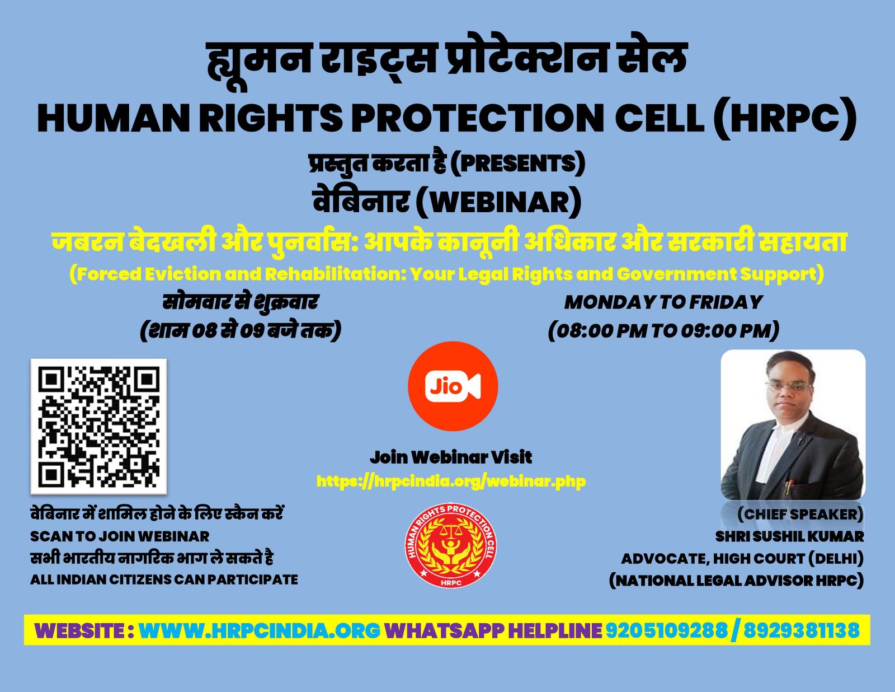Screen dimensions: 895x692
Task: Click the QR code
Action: (x=98, y=427)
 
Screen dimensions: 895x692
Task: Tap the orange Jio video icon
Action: (x=453, y=386)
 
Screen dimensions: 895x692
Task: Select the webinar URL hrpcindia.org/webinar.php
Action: (x=451, y=481)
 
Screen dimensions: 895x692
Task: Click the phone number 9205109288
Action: (x=666, y=630)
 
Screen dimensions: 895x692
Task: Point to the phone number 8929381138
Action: (x=802, y=630)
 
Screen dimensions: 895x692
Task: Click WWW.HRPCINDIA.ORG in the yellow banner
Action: (x=259, y=630)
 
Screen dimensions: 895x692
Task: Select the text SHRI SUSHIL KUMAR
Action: (x=790, y=536)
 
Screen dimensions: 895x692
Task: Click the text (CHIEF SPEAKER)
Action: (x=800, y=515)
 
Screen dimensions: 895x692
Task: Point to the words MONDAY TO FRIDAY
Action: (x=663, y=302)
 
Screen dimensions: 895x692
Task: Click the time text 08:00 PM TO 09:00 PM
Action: (x=663, y=331)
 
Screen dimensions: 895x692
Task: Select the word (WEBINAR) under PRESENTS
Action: (x=499, y=202)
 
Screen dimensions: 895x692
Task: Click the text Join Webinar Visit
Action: (x=451, y=457)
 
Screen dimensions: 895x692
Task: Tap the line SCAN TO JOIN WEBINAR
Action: (x=120, y=536)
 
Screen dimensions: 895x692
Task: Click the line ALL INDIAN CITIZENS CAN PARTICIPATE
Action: (x=164, y=579)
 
